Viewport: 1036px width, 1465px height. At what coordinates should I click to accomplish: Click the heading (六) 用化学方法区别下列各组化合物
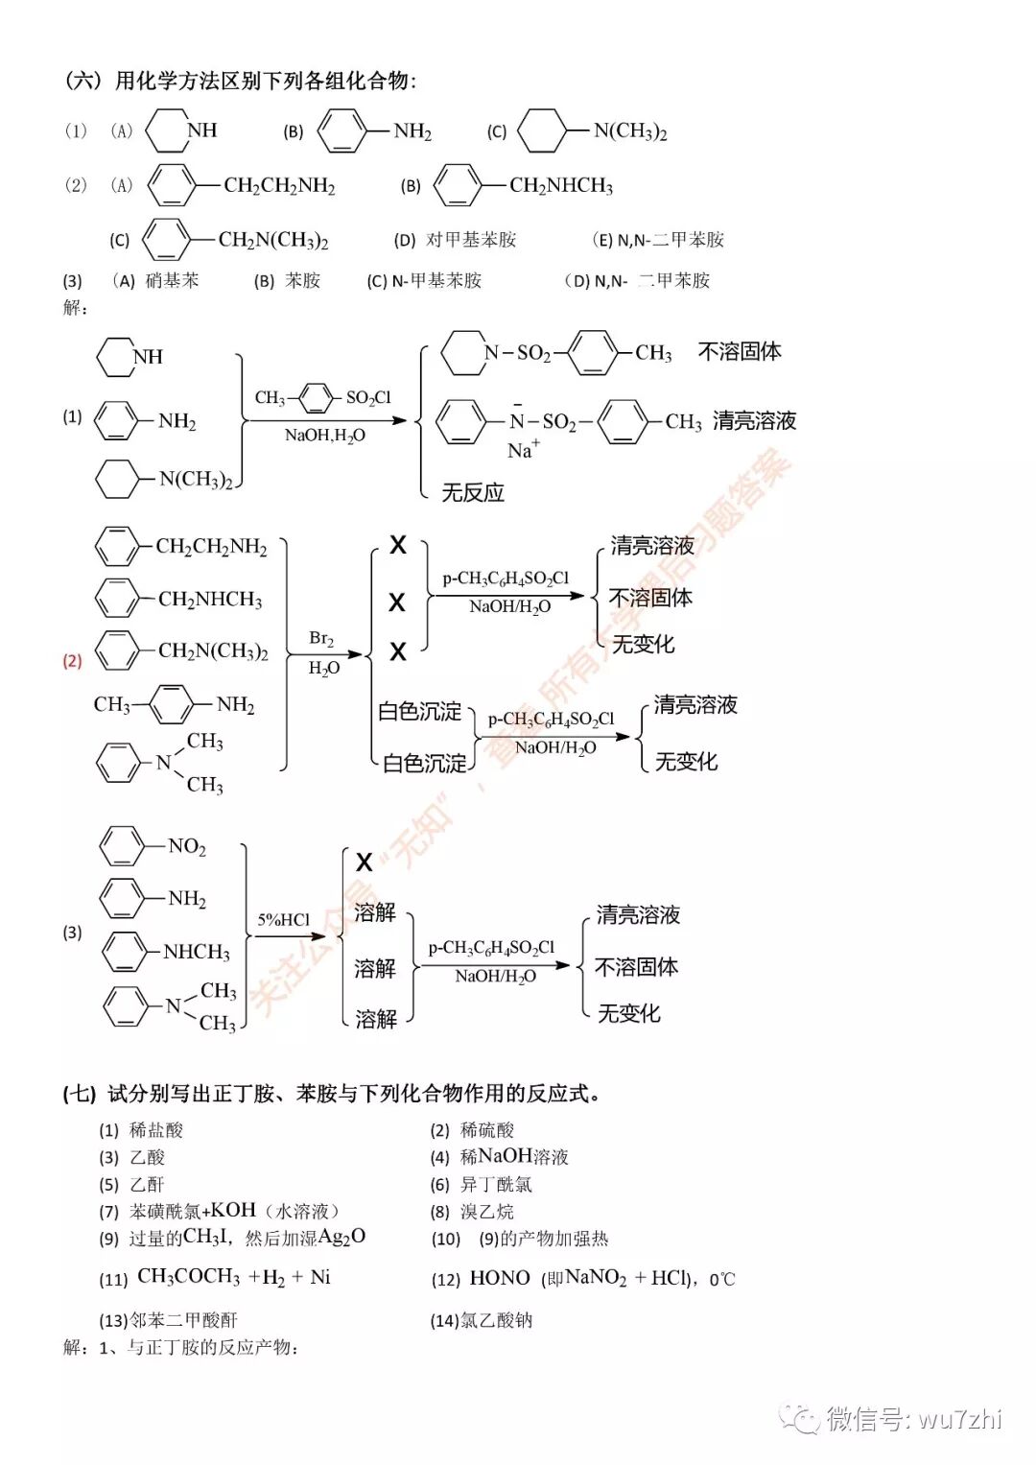pos(240,81)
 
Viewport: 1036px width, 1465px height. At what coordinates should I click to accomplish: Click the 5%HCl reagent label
pos(283,919)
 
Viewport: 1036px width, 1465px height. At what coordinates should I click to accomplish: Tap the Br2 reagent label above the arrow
pos(321,638)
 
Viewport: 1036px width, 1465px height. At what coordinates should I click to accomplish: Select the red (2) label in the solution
pos(72,661)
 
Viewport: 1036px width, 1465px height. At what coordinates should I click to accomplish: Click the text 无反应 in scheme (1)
pos(473,493)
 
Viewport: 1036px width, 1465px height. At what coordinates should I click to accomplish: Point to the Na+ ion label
pos(523,450)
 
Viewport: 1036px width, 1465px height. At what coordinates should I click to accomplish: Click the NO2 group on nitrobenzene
pos(186,846)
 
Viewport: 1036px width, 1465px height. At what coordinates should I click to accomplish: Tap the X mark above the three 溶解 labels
pos(365,862)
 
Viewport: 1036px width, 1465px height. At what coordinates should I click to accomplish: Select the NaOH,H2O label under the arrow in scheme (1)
pos(324,436)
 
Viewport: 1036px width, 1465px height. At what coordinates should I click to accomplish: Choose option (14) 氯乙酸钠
pos(482,1320)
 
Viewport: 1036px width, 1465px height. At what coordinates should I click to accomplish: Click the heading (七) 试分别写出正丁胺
pos(332,1094)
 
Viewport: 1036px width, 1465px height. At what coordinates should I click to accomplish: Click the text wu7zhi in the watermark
pos(959,1418)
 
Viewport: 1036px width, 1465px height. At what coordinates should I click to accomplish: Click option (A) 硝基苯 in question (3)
pos(156,280)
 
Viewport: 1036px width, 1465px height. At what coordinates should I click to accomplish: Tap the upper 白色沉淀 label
pos(419,711)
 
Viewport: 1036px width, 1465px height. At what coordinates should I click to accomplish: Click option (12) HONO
pos(582,1278)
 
